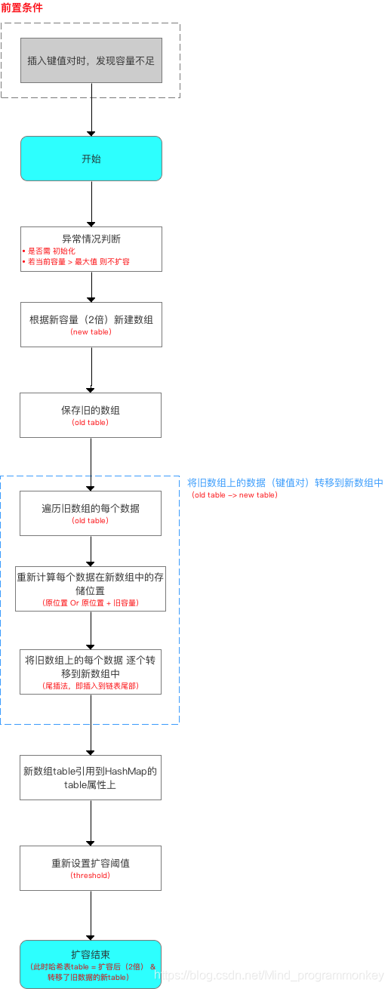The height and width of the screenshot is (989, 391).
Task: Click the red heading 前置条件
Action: (22, 8)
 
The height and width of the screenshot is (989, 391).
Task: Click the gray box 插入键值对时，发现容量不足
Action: (91, 60)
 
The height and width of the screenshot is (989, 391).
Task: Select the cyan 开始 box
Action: (91, 159)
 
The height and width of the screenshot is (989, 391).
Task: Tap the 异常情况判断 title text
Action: (91, 239)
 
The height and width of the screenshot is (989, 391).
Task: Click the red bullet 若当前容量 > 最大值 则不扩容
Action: (81, 262)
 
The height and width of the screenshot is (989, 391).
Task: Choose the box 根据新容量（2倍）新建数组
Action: (91, 319)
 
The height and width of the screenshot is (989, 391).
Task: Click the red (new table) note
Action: (91, 332)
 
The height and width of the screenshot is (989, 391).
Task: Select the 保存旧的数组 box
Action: (91, 411)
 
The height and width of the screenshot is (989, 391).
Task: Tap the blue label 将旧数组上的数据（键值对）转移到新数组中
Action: (285, 482)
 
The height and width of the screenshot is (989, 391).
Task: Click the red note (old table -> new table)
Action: (235, 495)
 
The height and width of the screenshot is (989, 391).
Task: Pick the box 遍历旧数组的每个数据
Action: (91, 508)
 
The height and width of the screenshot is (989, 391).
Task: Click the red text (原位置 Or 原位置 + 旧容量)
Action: (91, 604)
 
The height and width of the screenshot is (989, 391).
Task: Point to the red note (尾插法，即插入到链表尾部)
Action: (91, 686)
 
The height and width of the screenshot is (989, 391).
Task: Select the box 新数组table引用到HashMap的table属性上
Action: (91, 778)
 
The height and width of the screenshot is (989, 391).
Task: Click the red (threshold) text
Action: (91, 876)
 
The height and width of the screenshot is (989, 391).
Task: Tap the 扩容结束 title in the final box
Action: (91, 954)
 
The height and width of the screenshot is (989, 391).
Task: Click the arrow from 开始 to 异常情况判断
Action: (91, 204)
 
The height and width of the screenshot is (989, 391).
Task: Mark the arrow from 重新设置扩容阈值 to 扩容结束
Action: (91, 915)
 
